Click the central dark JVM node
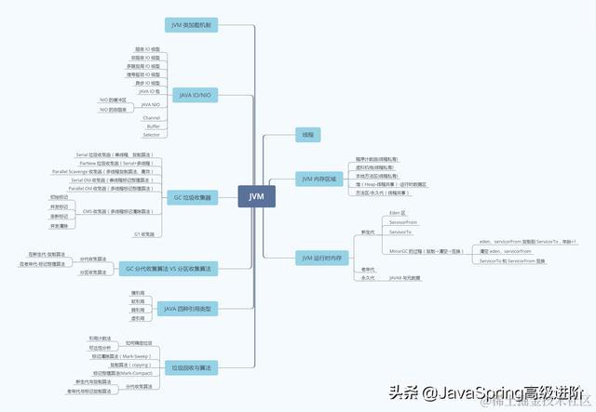tap(256, 196)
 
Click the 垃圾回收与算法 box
tap(190, 367)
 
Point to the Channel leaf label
tap(151, 118)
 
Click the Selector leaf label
tap(151, 135)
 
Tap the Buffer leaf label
tap(152, 126)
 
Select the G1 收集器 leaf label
tap(144, 234)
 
